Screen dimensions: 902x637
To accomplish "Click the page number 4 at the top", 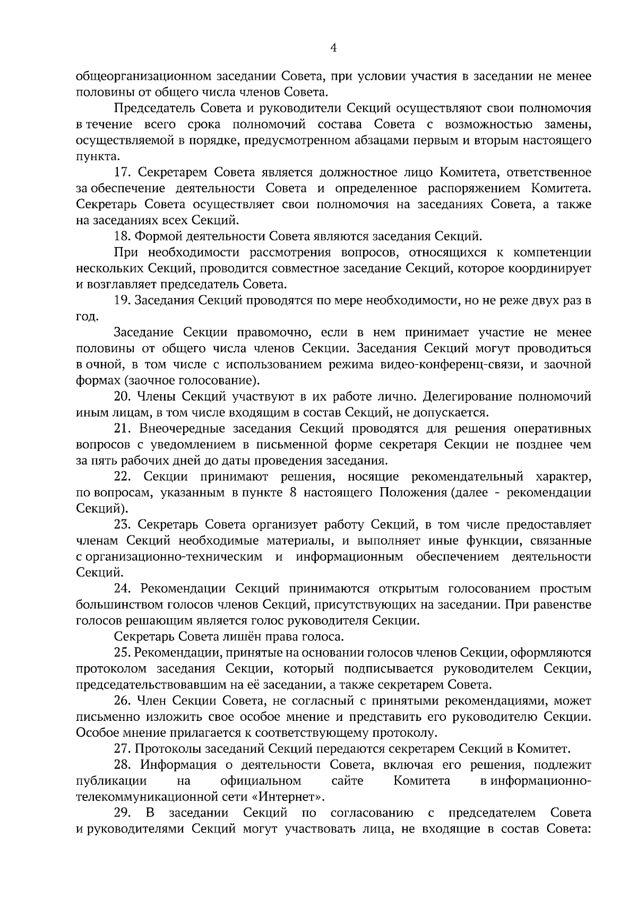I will [x=333, y=48].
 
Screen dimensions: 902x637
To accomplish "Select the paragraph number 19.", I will [x=123, y=300].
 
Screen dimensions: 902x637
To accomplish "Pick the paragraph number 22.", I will [x=123, y=476].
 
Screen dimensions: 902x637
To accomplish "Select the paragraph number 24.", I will [x=123, y=589].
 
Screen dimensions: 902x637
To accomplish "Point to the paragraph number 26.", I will [x=123, y=701].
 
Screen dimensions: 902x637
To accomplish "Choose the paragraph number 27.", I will [x=123, y=749].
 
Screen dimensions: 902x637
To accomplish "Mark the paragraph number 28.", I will [x=123, y=765].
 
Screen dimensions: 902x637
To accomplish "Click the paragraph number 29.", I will [x=123, y=813].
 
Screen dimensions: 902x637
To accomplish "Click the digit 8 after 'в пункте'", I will [x=292, y=492].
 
